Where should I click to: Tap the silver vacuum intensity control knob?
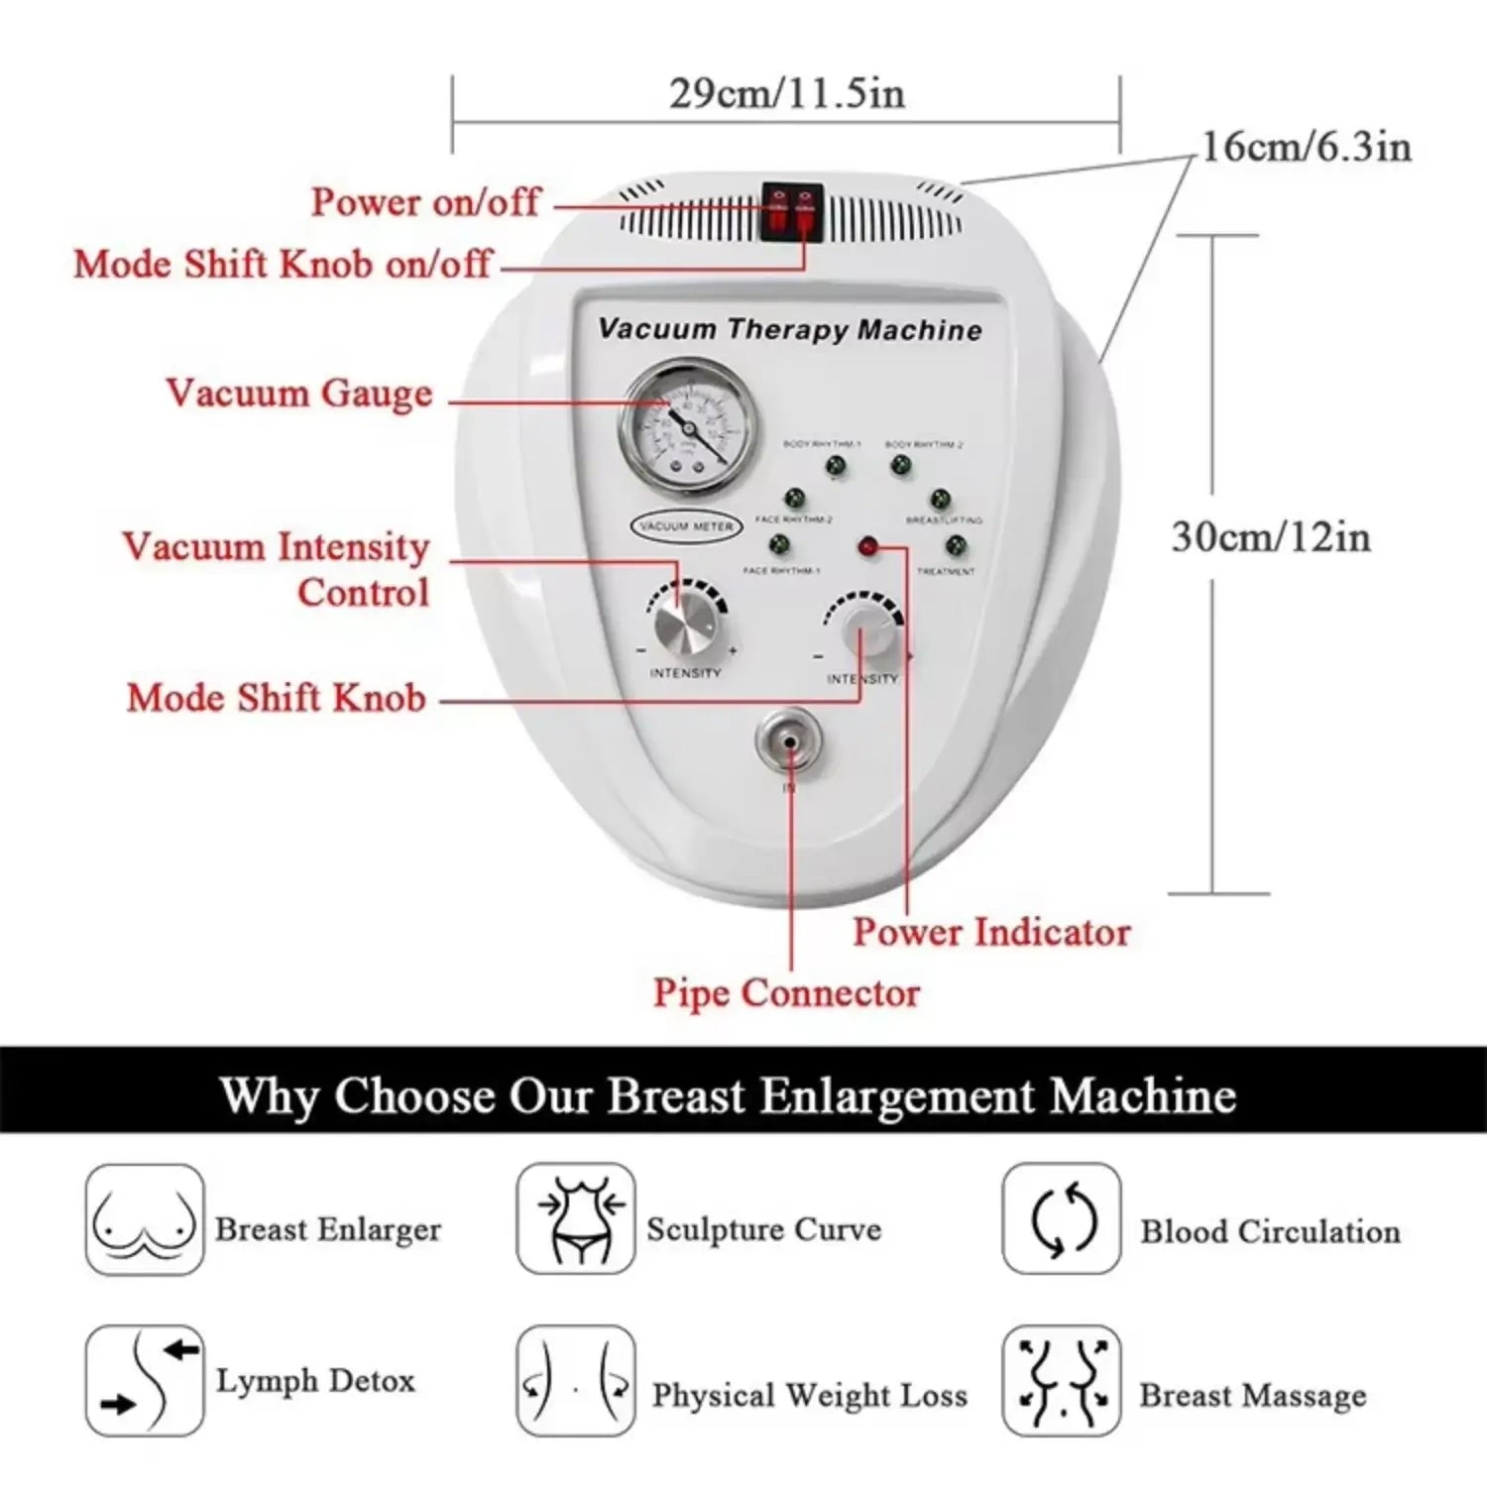[685, 625]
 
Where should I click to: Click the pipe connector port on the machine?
[789, 742]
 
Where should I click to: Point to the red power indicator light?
[868, 546]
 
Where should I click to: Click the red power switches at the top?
[792, 211]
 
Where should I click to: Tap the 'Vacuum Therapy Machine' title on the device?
[790, 329]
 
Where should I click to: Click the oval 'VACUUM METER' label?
[686, 526]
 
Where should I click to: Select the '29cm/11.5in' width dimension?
[786, 94]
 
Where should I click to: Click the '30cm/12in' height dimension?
[1271, 536]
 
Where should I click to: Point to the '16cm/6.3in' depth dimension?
[1306, 147]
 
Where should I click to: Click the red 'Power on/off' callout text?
[425, 202]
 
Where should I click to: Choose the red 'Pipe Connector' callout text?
[786, 992]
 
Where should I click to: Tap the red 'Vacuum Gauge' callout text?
[299, 394]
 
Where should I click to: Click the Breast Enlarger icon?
[145, 1219]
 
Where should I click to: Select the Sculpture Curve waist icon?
[575, 1219]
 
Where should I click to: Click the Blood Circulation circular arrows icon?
[1062, 1219]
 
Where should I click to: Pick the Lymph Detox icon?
[145, 1381]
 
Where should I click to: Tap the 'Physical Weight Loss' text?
[809, 1395]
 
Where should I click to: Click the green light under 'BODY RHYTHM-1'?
[836, 465]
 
